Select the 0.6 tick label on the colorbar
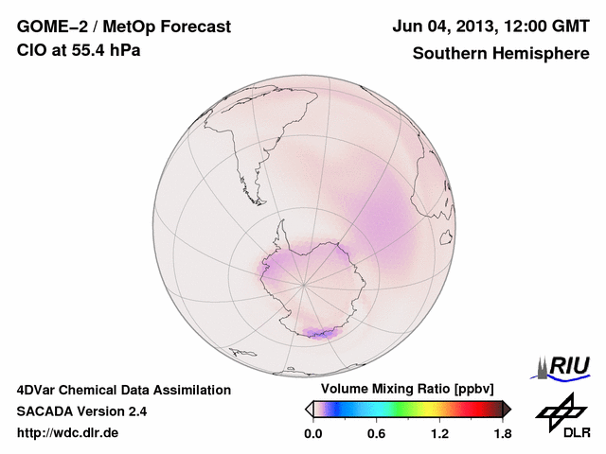pyautogui.click(x=376, y=433)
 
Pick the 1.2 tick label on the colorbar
pyautogui.click(x=439, y=433)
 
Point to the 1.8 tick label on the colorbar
pyautogui.click(x=502, y=433)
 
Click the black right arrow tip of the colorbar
pyautogui.click(x=507, y=409)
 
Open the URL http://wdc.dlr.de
pyautogui.click(x=68, y=433)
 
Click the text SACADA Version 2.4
pyautogui.click(x=81, y=411)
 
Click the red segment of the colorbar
pyautogui.click(x=471, y=409)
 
